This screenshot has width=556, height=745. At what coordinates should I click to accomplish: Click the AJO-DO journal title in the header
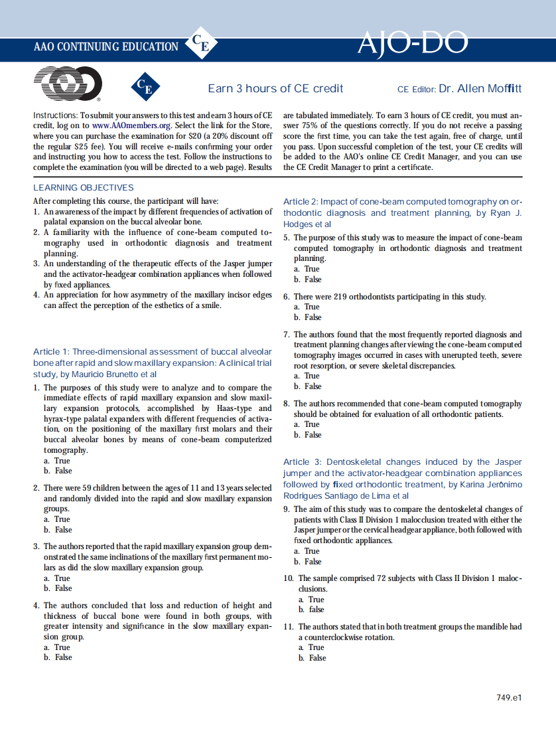tap(413, 44)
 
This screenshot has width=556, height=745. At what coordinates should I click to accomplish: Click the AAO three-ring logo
tap(68, 84)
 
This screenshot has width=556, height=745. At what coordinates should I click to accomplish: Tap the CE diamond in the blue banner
tap(200, 44)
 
